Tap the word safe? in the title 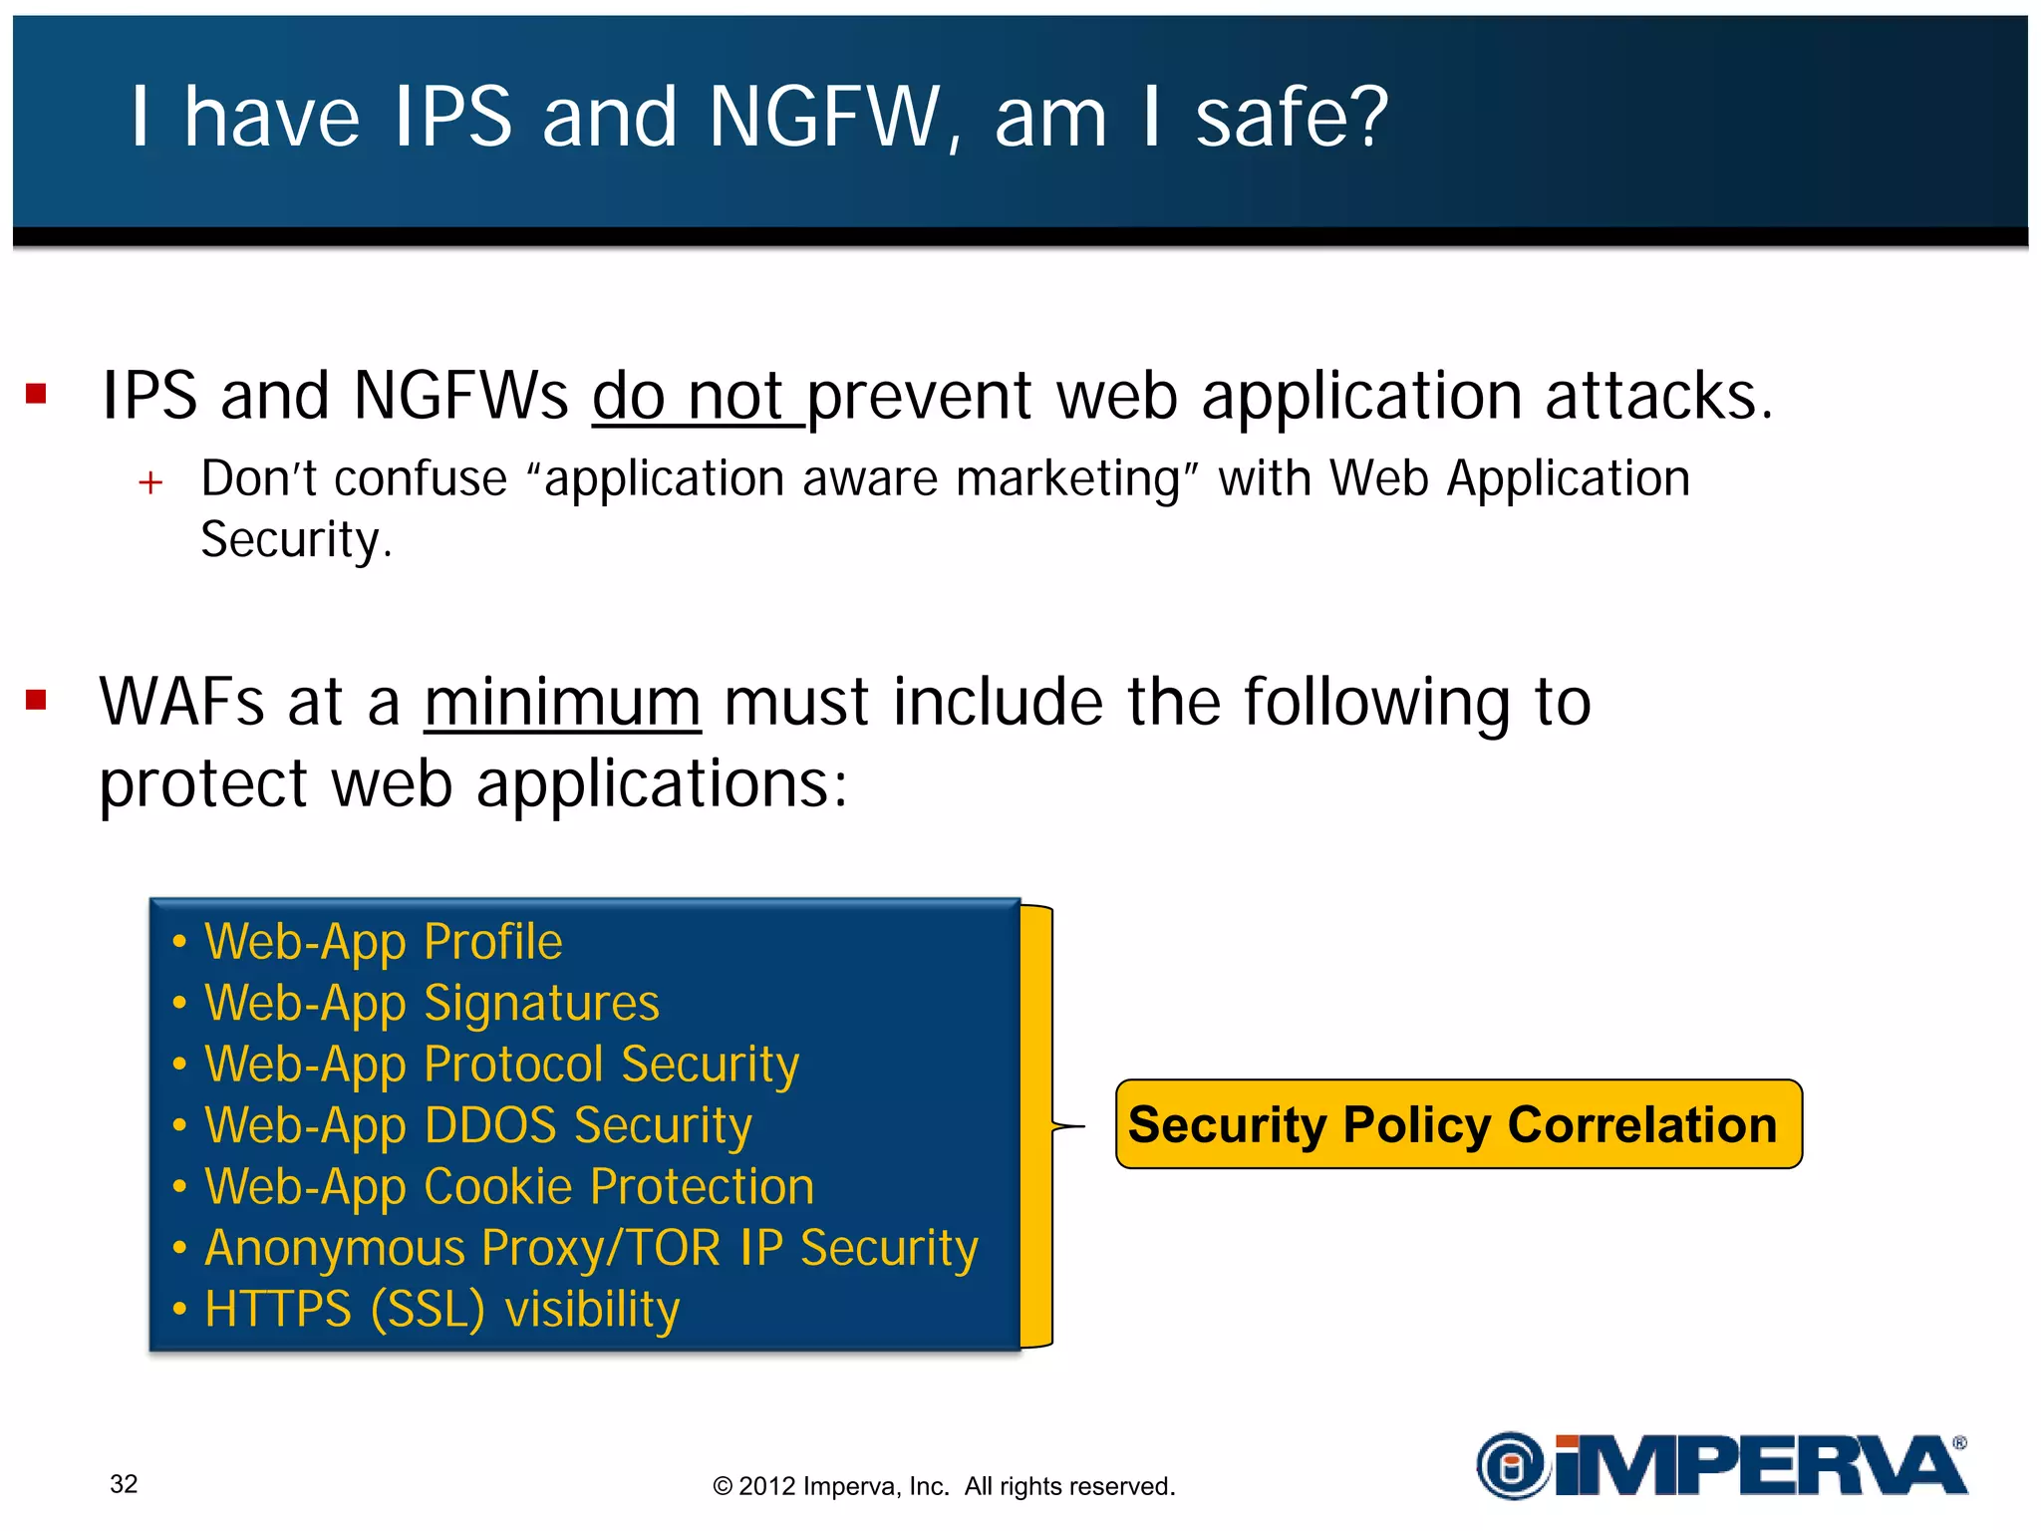coord(1292,118)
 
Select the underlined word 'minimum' coord(562,703)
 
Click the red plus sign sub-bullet coord(150,483)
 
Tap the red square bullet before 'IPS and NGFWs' coord(37,394)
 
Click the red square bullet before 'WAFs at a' coord(37,701)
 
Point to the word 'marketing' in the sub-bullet coord(1067,478)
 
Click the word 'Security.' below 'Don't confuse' coord(296,540)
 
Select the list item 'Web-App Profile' coord(383,942)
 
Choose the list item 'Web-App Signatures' coord(431,1003)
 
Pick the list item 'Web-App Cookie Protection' coord(508,1187)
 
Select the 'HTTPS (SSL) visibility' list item coord(441,1310)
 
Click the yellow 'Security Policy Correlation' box coord(1458,1124)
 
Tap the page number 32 coord(124,1484)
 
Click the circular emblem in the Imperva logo coord(1512,1465)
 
